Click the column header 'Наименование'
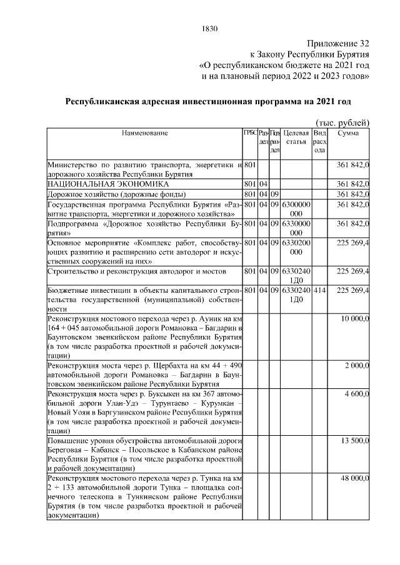coord(145,133)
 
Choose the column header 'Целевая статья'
coord(296,137)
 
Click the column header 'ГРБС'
coord(249,133)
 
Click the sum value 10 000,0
coord(355,320)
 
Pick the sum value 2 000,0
coord(357,365)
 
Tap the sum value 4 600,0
coord(357,396)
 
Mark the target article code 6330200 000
coord(296,247)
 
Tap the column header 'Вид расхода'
coord(320,141)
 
